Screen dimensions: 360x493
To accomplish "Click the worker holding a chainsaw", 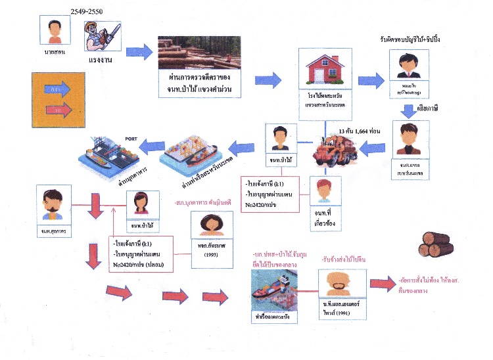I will (x=101, y=35).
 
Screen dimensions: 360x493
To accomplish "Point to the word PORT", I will (x=131, y=139).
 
